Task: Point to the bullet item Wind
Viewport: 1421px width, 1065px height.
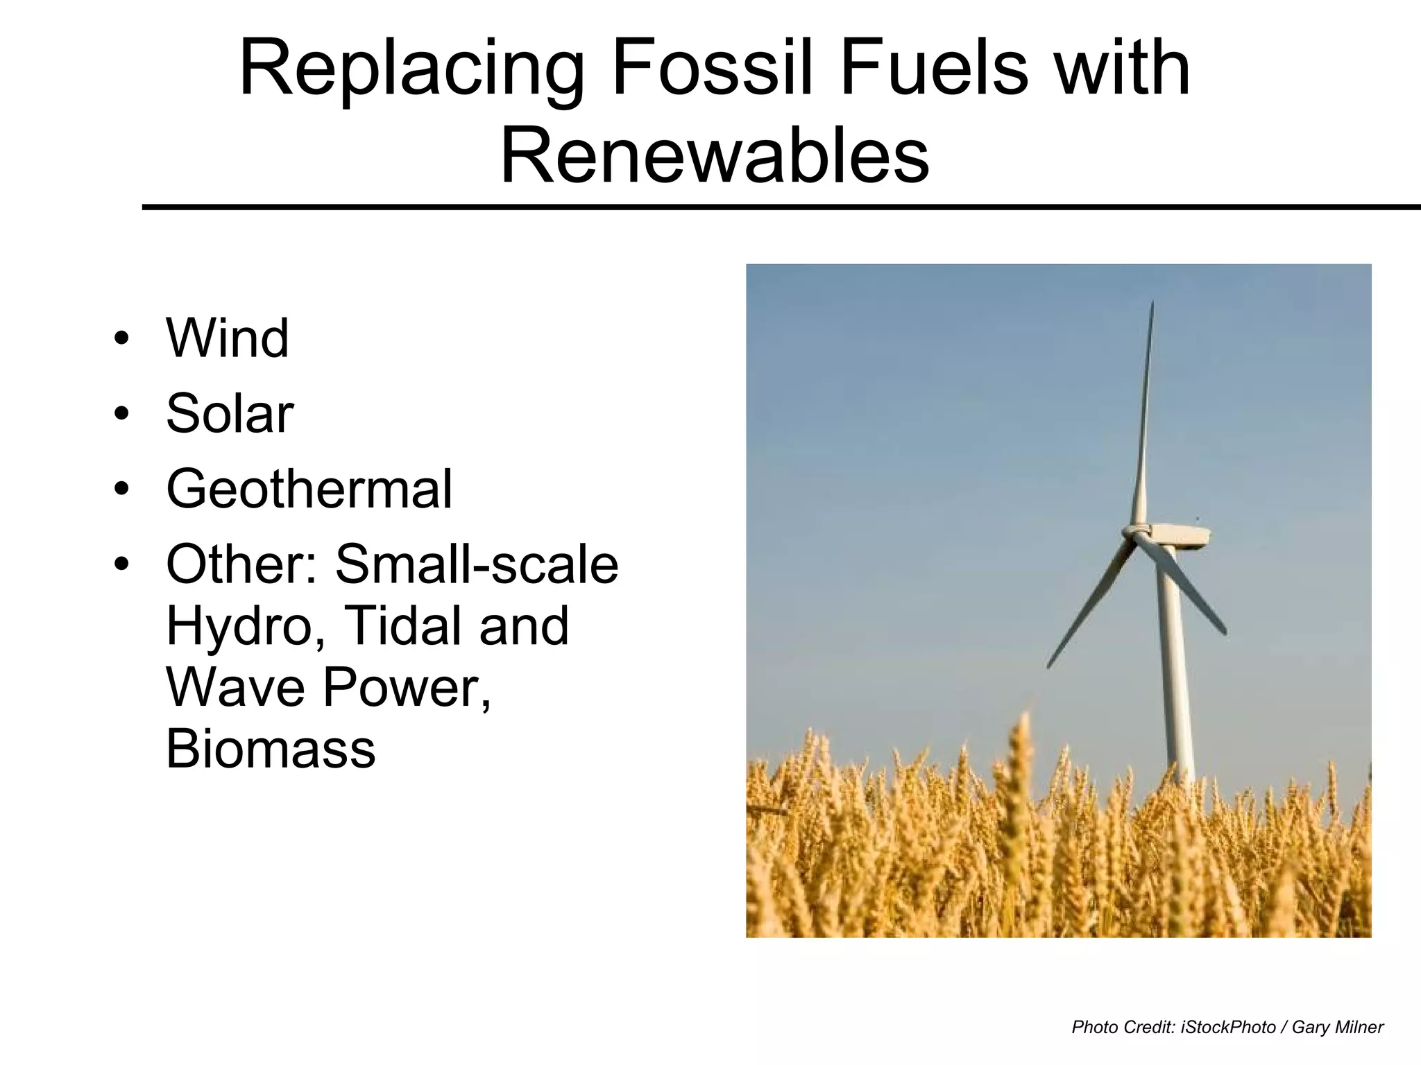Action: pyautogui.click(x=228, y=338)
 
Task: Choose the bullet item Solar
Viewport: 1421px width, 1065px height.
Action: pyautogui.click(x=230, y=414)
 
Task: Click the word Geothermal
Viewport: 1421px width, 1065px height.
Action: pyautogui.click(x=309, y=489)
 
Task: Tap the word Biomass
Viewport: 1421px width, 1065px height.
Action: pyautogui.click(x=271, y=749)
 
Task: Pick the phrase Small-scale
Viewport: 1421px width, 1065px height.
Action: pyautogui.click(x=477, y=564)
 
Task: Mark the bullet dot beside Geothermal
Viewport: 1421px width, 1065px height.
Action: pyautogui.click(x=122, y=490)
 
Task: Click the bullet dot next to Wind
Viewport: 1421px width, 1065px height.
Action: pyautogui.click(x=122, y=339)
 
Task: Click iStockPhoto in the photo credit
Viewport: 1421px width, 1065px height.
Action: pyautogui.click(x=1228, y=1027)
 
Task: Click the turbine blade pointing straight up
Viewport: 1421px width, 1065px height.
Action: pyautogui.click(x=1145, y=416)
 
